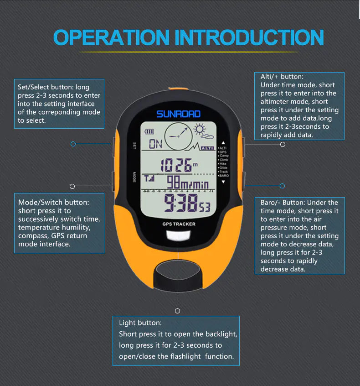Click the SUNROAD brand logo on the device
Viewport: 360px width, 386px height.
click(178, 114)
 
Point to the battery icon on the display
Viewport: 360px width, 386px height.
click(149, 132)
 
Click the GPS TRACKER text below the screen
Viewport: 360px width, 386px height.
click(179, 224)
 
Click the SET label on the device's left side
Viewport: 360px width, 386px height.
click(134, 145)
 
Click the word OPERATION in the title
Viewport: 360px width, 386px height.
click(111, 37)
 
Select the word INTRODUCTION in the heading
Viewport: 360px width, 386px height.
click(249, 37)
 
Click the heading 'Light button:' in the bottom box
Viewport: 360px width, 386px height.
click(140, 323)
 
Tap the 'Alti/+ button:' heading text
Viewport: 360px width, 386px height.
click(282, 77)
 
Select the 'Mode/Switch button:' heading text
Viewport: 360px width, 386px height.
click(54, 202)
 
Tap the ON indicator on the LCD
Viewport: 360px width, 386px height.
click(155, 145)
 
